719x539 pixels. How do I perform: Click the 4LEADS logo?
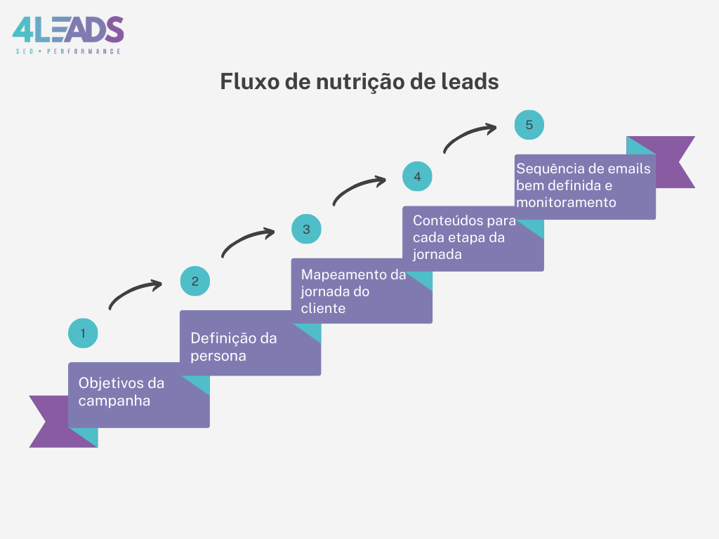(x=68, y=35)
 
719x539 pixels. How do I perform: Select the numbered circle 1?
(x=83, y=333)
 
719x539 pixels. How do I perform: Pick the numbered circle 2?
(x=195, y=281)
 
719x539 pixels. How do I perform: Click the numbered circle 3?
(x=306, y=229)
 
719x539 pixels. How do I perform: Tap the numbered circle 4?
(x=417, y=176)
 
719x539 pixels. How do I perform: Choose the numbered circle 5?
(x=529, y=125)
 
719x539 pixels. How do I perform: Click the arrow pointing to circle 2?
(x=132, y=291)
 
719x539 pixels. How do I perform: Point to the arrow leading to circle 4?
(x=356, y=187)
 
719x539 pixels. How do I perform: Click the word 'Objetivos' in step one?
(x=110, y=383)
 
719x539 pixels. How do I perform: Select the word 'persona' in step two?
(x=218, y=357)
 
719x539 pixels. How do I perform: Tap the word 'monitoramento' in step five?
(x=567, y=202)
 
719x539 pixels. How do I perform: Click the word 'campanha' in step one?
(x=114, y=401)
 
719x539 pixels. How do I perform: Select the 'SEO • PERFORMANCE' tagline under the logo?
(x=68, y=51)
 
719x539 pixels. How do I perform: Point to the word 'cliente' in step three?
(x=323, y=308)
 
